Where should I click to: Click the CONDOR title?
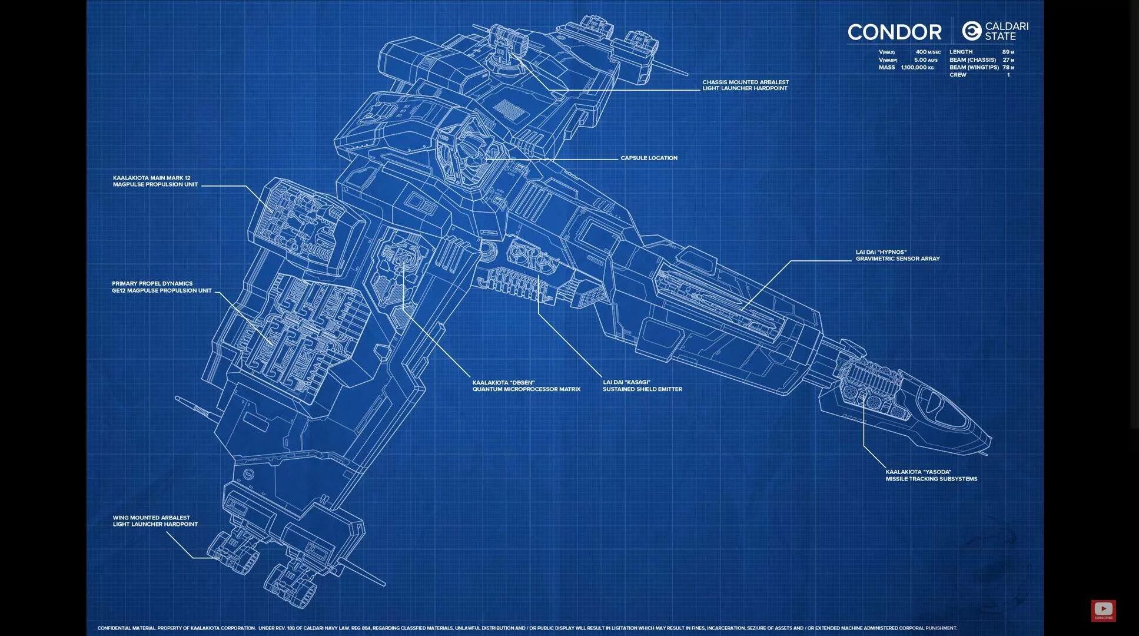[894, 32]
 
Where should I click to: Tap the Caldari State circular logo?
[971, 31]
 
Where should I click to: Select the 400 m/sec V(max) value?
[928, 52]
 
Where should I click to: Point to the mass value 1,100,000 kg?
[917, 68]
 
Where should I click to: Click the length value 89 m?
[1008, 52]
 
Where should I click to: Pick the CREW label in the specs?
[958, 75]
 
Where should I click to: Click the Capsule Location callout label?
[649, 158]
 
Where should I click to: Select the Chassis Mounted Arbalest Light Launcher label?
[745, 85]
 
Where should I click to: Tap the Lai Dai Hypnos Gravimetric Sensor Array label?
[897, 256]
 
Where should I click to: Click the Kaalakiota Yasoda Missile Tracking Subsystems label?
[931, 475]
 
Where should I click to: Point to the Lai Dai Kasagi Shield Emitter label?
[642, 386]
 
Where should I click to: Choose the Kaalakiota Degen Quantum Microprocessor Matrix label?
[526, 386]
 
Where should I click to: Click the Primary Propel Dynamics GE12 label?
[161, 287]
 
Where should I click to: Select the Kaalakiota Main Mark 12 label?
[155, 181]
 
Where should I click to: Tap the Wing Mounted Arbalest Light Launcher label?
[155, 521]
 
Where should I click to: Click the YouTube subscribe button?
[1103, 610]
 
